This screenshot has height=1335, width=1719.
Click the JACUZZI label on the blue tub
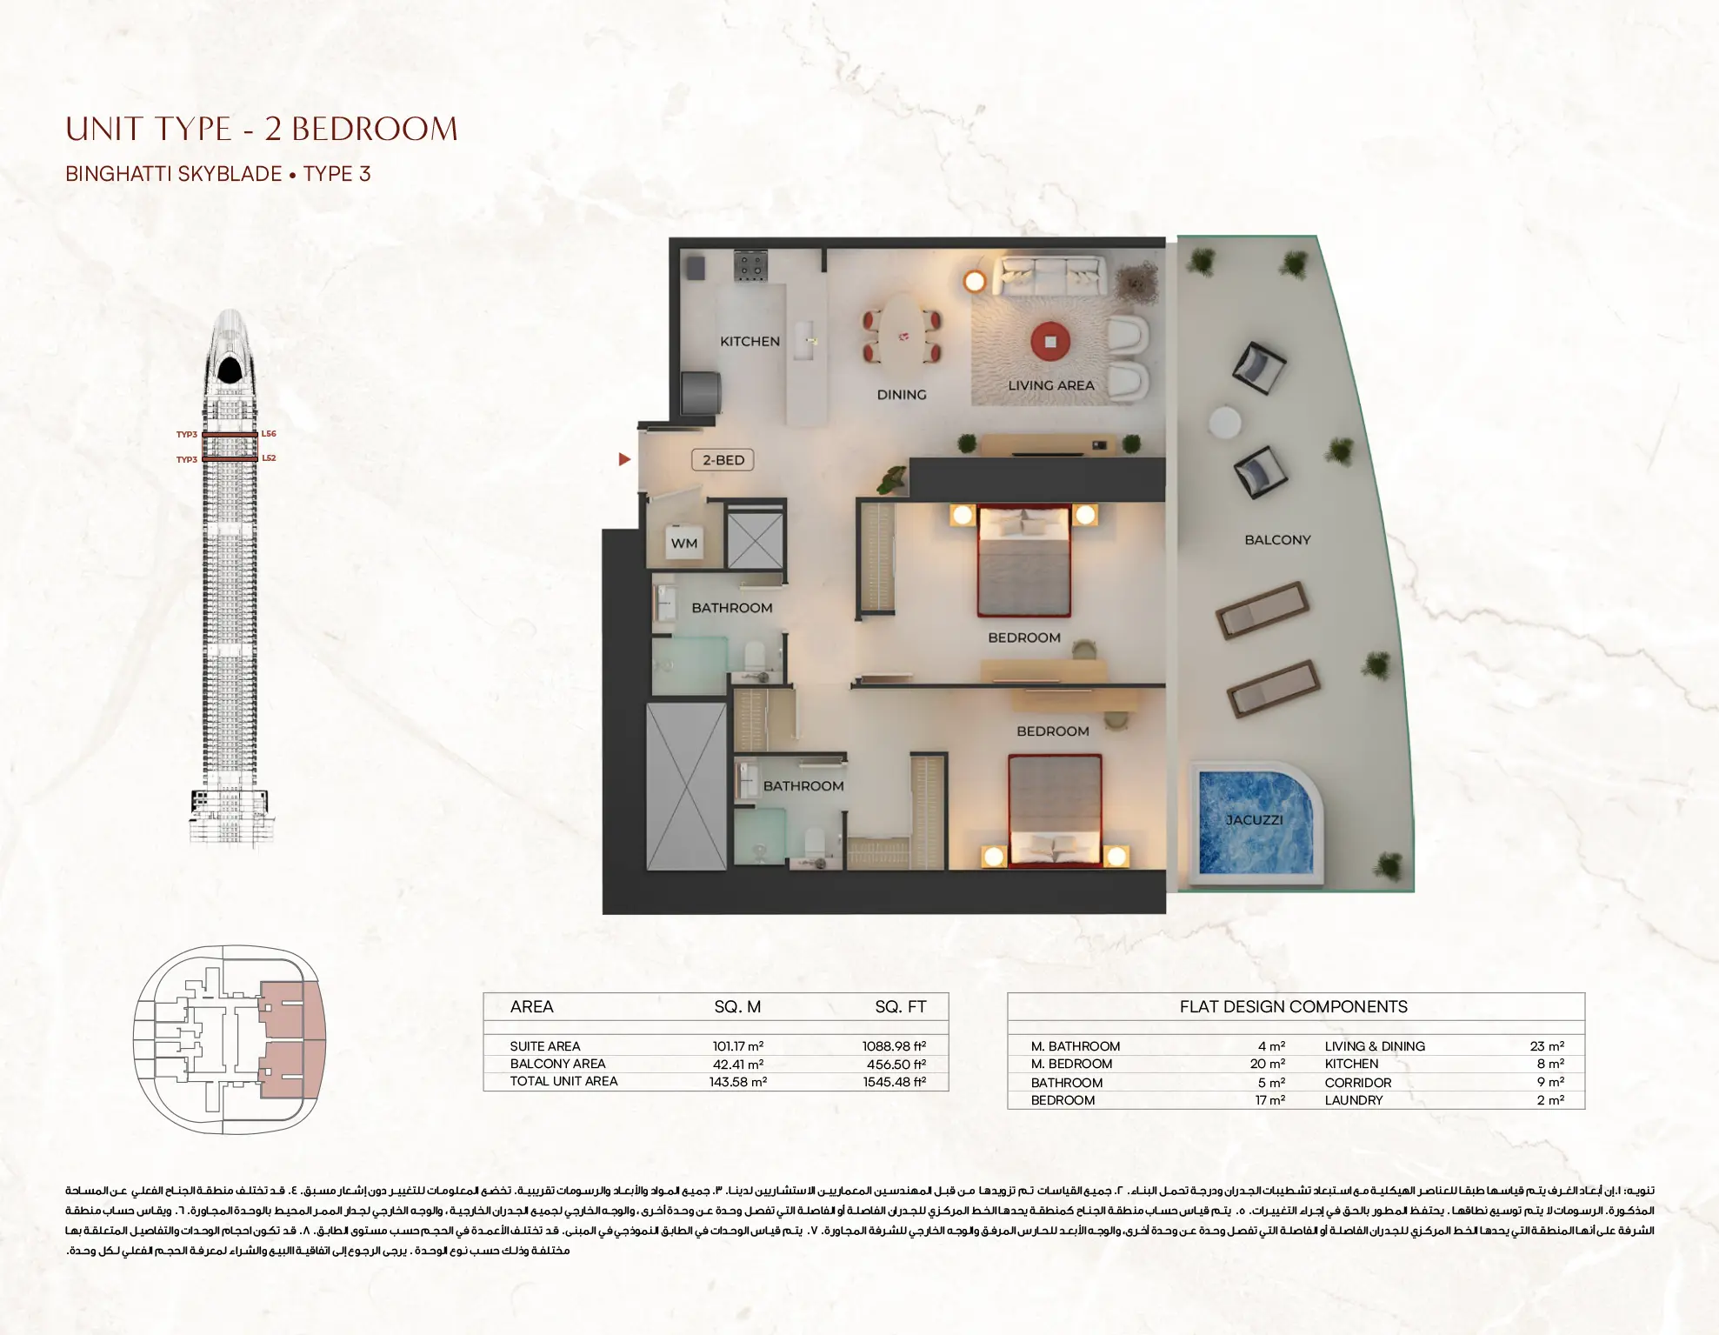(1254, 820)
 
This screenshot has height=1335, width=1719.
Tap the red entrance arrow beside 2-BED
(624, 459)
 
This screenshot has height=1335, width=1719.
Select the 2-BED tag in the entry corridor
(723, 460)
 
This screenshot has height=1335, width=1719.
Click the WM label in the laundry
(683, 544)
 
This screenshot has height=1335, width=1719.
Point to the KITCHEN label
(750, 342)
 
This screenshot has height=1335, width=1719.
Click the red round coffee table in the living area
(1050, 342)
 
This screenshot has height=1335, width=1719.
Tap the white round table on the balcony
(1225, 424)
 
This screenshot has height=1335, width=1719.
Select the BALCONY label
(1277, 540)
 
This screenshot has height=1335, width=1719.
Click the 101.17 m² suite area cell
(737, 1046)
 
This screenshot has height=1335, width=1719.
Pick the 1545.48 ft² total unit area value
(894, 1082)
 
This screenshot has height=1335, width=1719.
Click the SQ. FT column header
(900, 1007)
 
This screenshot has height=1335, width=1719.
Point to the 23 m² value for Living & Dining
(1547, 1046)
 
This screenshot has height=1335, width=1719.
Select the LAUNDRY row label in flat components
(1353, 1100)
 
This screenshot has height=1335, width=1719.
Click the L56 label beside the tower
(269, 434)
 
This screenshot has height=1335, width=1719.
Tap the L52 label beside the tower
(269, 458)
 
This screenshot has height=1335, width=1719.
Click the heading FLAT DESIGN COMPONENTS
(1293, 1007)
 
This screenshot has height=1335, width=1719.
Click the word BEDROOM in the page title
(374, 130)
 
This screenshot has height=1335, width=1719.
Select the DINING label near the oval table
(902, 395)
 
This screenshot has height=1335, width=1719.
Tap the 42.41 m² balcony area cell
(737, 1065)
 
